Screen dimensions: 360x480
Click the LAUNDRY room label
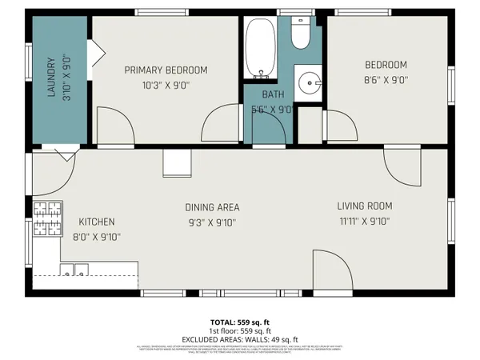click(x=50, y=77)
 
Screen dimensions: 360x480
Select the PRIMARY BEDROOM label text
click(x=166, y=70)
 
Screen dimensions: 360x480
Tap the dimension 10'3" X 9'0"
click(x=166, y=84)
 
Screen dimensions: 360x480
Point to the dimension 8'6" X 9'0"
click(x=386, y=79)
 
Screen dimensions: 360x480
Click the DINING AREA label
click(x=212, y=207)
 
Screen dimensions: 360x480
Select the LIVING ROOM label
click(x=364, y=206)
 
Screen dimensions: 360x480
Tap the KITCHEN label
click(x=96, y=222)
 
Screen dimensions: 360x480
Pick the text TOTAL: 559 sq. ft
click(x=240, y=322)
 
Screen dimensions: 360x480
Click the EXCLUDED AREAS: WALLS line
click(x=240, y=339)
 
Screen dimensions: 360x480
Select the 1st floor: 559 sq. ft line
click(x=240, y=330)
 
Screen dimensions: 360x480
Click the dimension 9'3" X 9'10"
click(x=212, y=223)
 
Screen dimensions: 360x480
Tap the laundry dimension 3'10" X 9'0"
click(x=66, y=77)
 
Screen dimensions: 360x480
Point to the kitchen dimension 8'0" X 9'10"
click(x=96, y=237)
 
